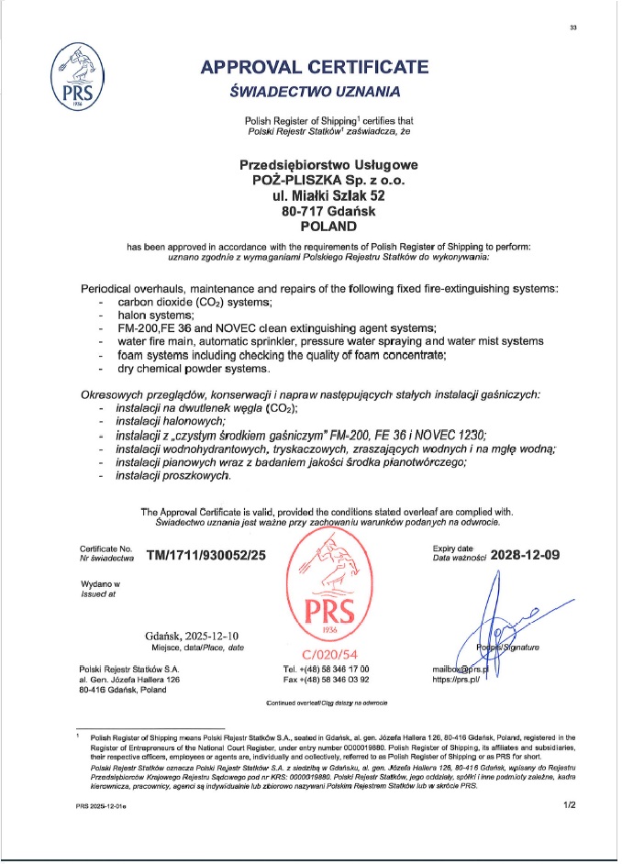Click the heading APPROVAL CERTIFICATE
315,66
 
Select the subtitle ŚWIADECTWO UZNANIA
315,91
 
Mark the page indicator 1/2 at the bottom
568,805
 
